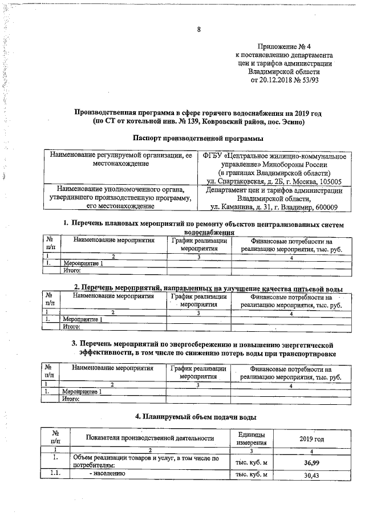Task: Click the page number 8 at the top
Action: pyautogui.click(x=199, y=30)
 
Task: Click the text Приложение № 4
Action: pyautogui.click(x=285, y=46)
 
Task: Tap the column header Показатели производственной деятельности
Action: pyautogui.click(x=149, y=438)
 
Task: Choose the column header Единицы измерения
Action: pyautogui.click(x=251, y=438)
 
